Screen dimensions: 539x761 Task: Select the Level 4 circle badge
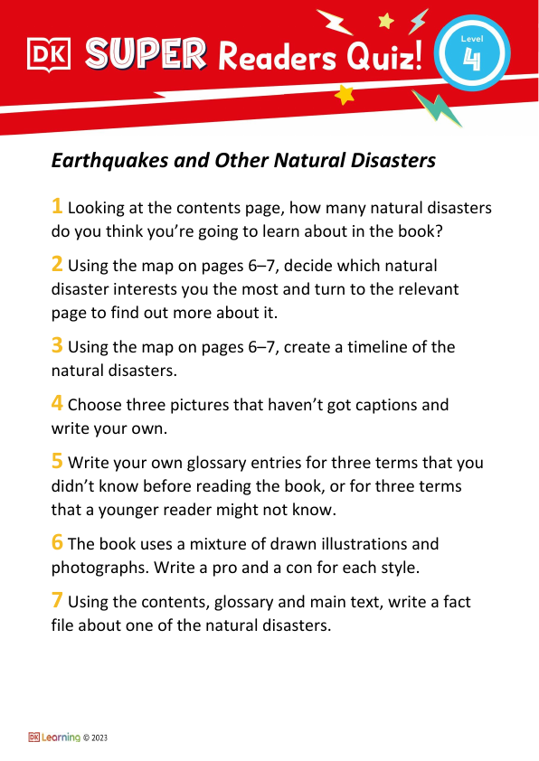471,53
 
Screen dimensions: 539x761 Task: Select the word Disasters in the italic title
392,160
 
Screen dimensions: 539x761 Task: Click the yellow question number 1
57,207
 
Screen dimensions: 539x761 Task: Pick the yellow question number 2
57,264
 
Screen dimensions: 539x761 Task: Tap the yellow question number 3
57,345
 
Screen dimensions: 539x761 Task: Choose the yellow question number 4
57,404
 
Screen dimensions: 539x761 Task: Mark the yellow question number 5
57,462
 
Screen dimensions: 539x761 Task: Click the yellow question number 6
57,542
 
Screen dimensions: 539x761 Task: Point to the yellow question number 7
57,601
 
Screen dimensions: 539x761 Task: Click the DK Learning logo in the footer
54,738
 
